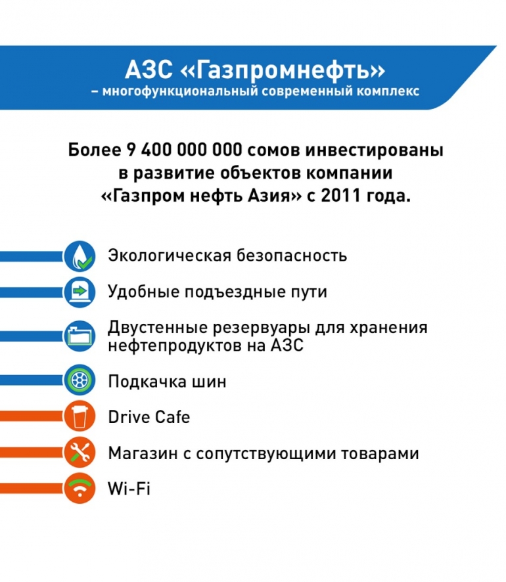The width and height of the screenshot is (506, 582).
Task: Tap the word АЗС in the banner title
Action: (x=149, y=70)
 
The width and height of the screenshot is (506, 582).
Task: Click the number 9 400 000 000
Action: (x=184, y=150)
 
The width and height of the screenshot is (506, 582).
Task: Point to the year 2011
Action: (x=341, y=196)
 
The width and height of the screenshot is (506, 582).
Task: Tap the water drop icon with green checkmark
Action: (x=80, y=256)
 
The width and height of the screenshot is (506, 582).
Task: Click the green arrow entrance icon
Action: (x=80, y=292)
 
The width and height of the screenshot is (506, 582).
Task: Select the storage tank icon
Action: (x=80, y=336)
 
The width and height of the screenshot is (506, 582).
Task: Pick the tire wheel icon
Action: (x=80, y=380)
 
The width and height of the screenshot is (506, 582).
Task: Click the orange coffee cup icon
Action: (x=80, y=416)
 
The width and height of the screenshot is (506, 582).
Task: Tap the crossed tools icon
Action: (x=80, y=452)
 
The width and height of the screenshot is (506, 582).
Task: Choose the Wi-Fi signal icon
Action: (x=80, y=489)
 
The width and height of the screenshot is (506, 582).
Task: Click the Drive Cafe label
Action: (x=149, y=417)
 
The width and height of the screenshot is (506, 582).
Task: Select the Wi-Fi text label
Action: (x=129, y=488)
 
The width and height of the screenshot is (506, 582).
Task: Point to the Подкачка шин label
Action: (x=167, y=382)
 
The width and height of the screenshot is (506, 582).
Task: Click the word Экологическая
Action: (x=170, y=256)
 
